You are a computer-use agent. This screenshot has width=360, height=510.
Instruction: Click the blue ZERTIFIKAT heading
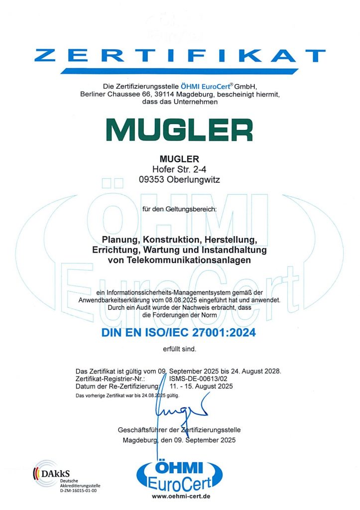[180, 55]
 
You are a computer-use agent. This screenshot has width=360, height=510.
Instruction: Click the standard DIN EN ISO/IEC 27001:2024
[180, 332]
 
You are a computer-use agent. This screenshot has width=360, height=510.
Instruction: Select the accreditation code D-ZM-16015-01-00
[78, 491]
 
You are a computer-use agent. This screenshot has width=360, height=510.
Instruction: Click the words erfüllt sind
[180, 349]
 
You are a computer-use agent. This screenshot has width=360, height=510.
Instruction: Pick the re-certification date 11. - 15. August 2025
[201, 386]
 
